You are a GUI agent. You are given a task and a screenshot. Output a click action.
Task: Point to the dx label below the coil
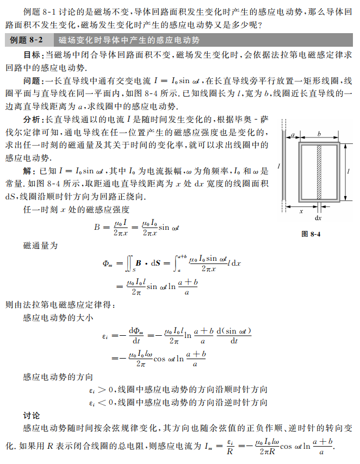pos(319,217)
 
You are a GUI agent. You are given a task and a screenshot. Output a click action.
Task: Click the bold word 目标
pos(32,55)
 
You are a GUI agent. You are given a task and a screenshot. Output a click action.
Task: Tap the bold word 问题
pos(32,80)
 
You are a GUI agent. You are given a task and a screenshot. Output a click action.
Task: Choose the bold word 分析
pos(32,118)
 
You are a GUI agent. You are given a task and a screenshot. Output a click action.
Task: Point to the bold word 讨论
pos(32,416)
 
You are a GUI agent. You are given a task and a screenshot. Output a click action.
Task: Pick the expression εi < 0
pos(101,403)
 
